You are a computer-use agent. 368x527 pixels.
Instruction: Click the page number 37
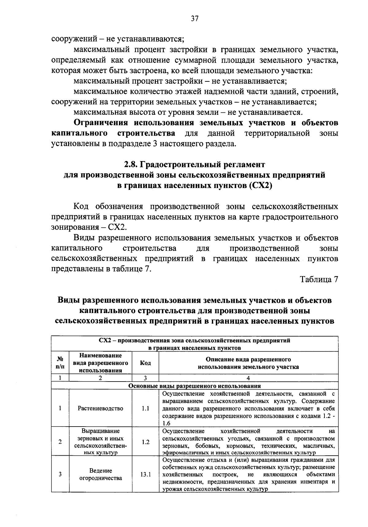pyautogui.click(x=195, y=19)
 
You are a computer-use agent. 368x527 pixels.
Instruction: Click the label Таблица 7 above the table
pyautogui.click(x=319, y=280)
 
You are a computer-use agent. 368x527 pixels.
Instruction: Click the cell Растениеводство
pyautogui.click(x=101, y=408)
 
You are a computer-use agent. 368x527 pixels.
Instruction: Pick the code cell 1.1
pyautogui.click(x=145, y=408)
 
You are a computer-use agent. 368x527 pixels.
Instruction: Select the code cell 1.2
pyautogui.click(x=145, y=442)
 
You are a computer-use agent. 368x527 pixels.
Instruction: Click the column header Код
pyautogui.click(x=145, y=363)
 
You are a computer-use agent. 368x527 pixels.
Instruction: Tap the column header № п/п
pyautogui.click(x=60, y=363)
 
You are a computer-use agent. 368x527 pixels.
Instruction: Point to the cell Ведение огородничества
pyautogui.click(x=101, y=474)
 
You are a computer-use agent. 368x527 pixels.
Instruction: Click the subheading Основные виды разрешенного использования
pyautogui.click(x=195, y=386)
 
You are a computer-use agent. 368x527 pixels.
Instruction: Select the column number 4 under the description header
pyautogui.click(x=248, y=378)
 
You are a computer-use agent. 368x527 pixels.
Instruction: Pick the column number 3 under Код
pyautogui.click(x=145, y=378)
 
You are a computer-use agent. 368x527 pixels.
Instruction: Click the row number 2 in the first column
pyautogui.click(x=60, y=442)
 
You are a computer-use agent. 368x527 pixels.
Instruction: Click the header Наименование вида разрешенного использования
pyautogui.click(x=101, y=363)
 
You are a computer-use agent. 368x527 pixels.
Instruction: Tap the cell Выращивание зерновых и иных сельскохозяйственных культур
pyautogui.click(x=101, y=442)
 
